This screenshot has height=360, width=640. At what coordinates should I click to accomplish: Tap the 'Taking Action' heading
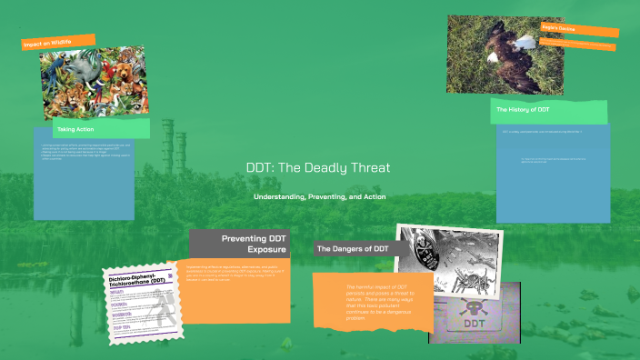pos(77,130)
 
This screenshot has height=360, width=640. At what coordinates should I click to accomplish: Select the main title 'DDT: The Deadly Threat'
pos(318,168)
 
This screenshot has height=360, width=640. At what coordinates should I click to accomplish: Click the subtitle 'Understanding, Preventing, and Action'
pos(319,197)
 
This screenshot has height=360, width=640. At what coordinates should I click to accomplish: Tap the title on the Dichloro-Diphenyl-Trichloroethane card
pos(141,280)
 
